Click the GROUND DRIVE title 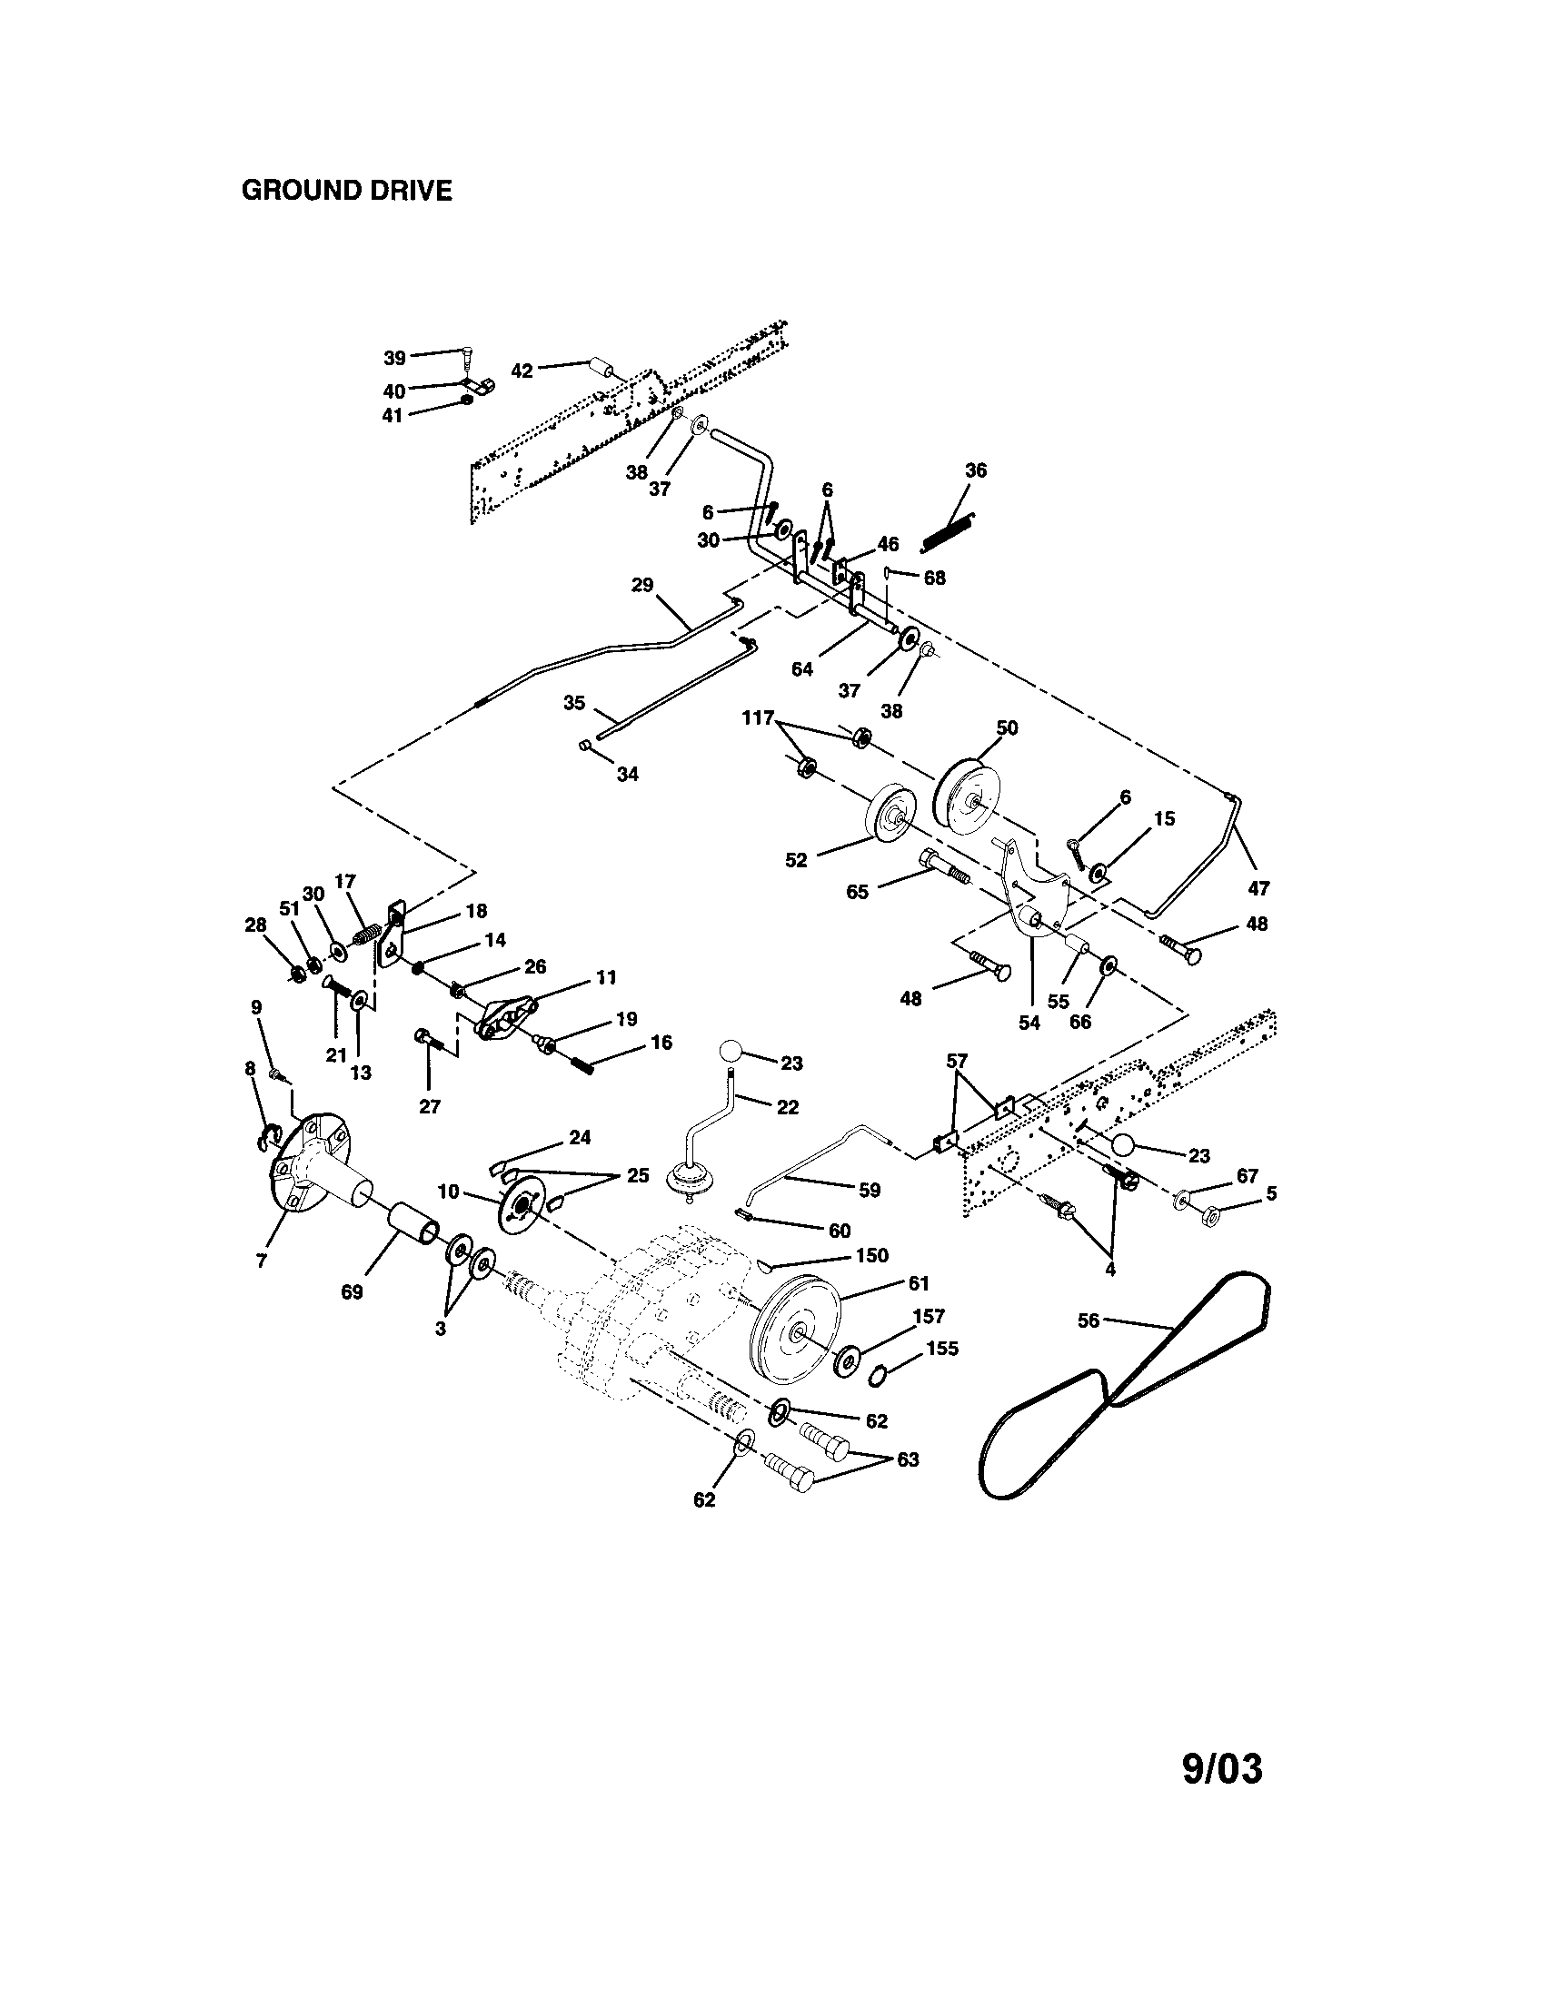tap(346, 191)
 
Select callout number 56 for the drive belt tap(1087, 1321)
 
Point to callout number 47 tap(1258, 887)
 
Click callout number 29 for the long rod tap(642, 584)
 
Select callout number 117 tap(758, 718)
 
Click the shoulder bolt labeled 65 tap(942, 865)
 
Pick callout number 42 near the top tap(522, 371)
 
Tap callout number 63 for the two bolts tap(908, 1459)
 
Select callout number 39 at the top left tap(394, 357)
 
